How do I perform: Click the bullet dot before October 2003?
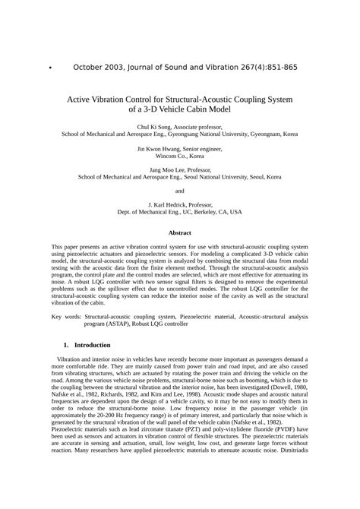(49, 68)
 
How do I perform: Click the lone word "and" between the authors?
(179, 190)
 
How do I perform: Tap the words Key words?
(66, 315)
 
